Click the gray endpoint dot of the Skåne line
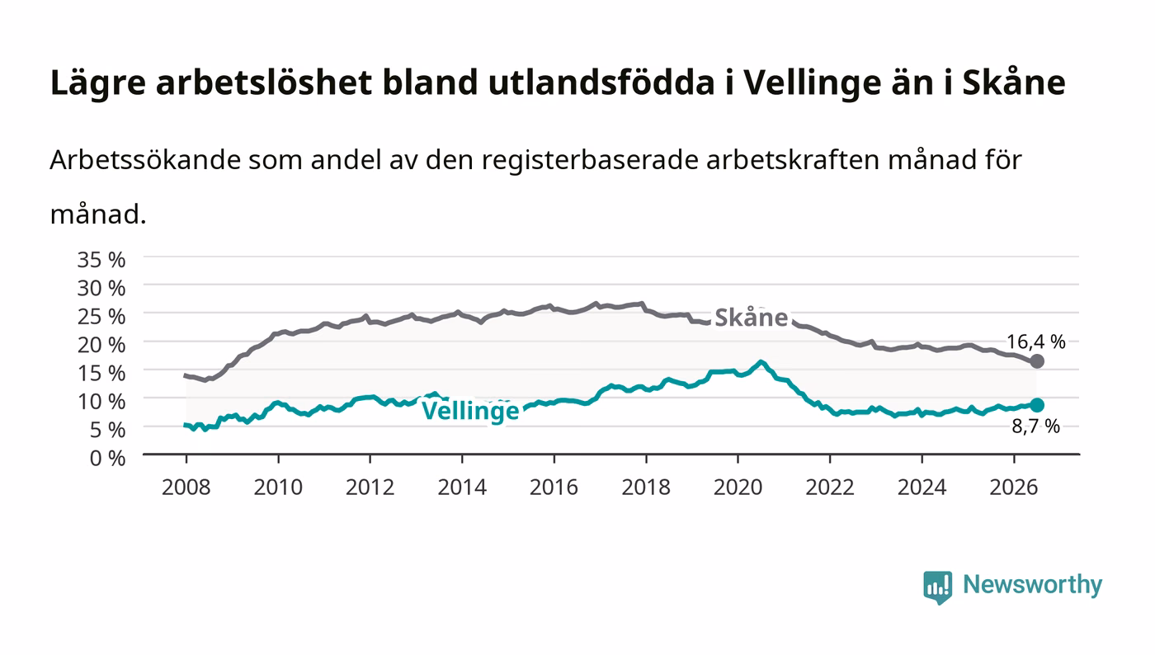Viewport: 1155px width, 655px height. coord(1036,361)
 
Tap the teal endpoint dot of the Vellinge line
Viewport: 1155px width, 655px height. coord(1036,405)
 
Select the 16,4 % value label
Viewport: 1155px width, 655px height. coord(1036,342)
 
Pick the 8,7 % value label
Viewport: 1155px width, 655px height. coord(1036,426)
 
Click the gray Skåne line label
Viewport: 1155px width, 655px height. coord(752,318)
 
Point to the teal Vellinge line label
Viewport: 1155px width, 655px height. coord(470,412)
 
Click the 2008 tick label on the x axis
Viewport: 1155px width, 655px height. coord(186,487)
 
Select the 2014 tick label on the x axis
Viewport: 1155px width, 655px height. coord(462,487)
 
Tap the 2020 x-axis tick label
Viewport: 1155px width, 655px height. coord(738,487)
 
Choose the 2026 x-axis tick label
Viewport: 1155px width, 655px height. coord(1014,487)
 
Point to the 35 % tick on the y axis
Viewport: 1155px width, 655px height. coord(101,260)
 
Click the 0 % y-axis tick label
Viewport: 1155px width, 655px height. coord(107,458)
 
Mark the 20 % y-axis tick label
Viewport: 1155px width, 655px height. coord(101,345)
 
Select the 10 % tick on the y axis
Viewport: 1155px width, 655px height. coord(101,401)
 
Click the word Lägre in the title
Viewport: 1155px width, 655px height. coord(98,83)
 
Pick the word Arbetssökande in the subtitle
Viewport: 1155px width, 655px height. coord(145,160)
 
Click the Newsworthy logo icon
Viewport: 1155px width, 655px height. coord(937,587)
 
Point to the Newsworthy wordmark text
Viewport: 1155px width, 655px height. coord(1032,586)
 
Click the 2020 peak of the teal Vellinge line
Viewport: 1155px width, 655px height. coord(761,362)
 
